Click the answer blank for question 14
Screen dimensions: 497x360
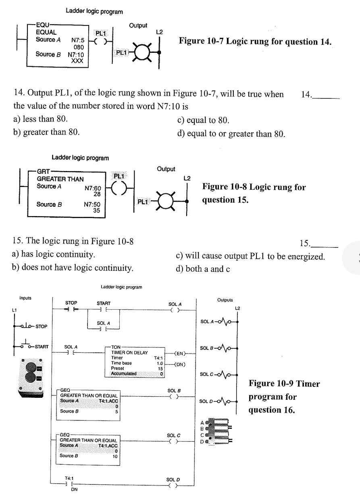[326, 96]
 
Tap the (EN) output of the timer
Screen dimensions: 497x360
[178, 354]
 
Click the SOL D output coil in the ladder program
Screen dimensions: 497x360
[173, 486]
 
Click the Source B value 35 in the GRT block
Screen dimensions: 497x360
[96, 210]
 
